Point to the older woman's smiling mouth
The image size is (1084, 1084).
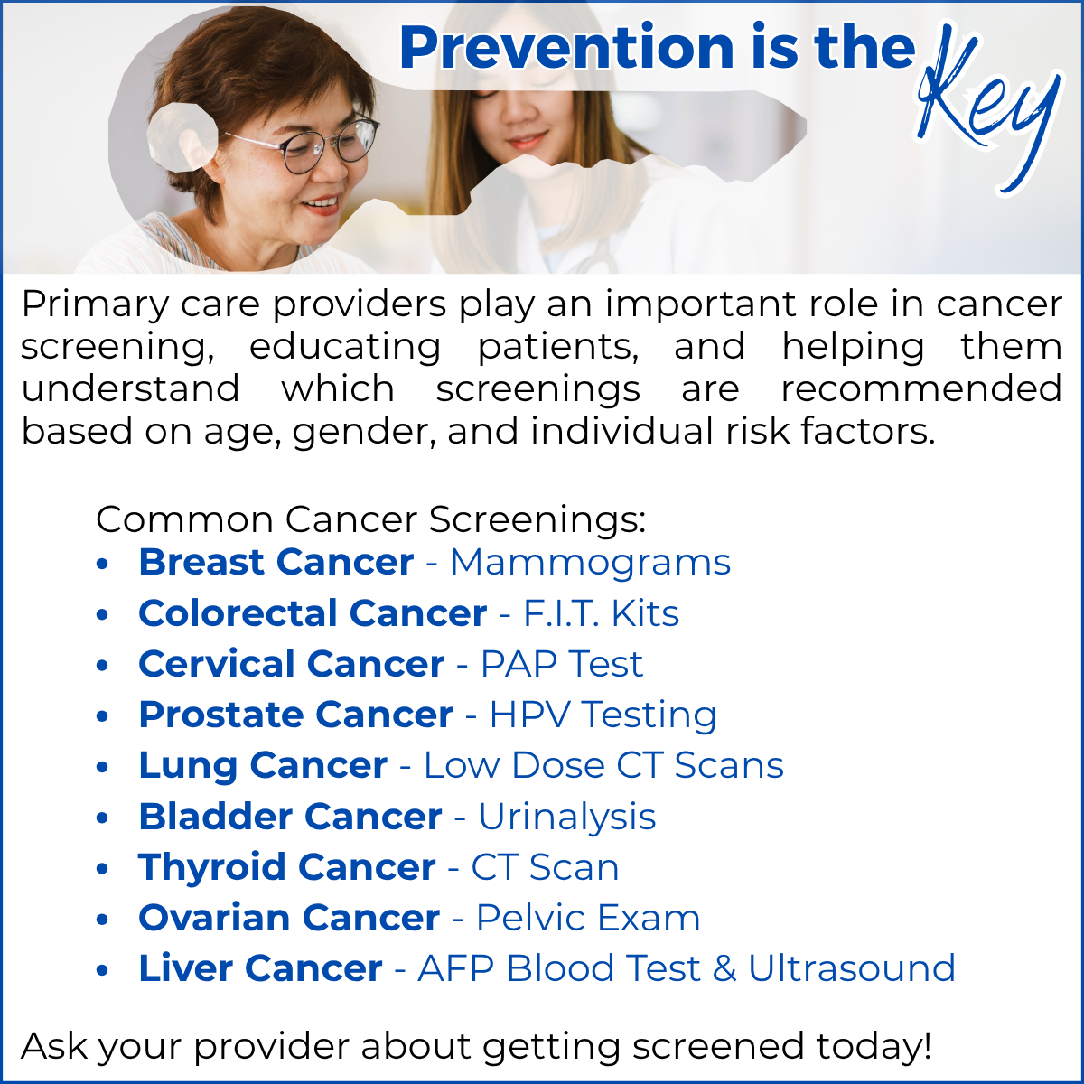(322, 205)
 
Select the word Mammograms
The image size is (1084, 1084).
(590, 563)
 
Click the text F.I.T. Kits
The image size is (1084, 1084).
(602, 613)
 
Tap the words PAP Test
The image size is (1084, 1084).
(561, 664)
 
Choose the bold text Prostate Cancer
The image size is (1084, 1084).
(296, 715)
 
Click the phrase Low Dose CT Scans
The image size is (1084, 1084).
(603, 766)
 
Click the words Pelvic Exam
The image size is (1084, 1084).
(588, 918)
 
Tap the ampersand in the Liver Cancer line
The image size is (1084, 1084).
(724, 968)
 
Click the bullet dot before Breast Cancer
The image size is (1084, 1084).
(102, 564)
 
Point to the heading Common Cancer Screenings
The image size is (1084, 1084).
(370, 519)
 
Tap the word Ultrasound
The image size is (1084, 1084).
(852, 968)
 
